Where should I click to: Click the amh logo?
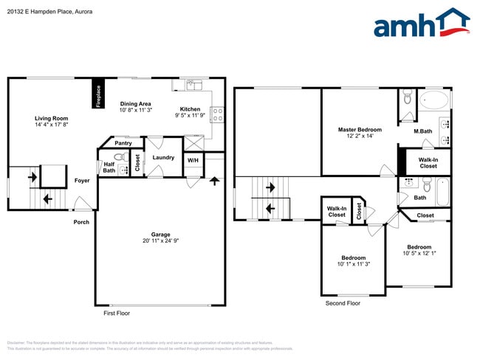(x=421, y=24)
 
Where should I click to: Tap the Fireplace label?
(x=98, y=96)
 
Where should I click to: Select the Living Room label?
(x=51, y=118)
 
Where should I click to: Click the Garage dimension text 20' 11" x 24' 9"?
(x=160, y=240)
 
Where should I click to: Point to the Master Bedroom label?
(x=358, y=130)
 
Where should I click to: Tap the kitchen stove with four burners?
(x=218, y=114)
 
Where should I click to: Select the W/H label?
(x=193, y=160)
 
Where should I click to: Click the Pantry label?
(x=123, y=143)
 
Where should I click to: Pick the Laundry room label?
(x=163, y=157)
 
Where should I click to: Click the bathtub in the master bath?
(x=433, y=100)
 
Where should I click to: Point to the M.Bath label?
(x=422, y=131)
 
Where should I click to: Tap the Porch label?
(x=80, y=221)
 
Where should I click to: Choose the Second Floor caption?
(x=343, y=303)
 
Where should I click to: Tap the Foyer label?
(x=81, y=180)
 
